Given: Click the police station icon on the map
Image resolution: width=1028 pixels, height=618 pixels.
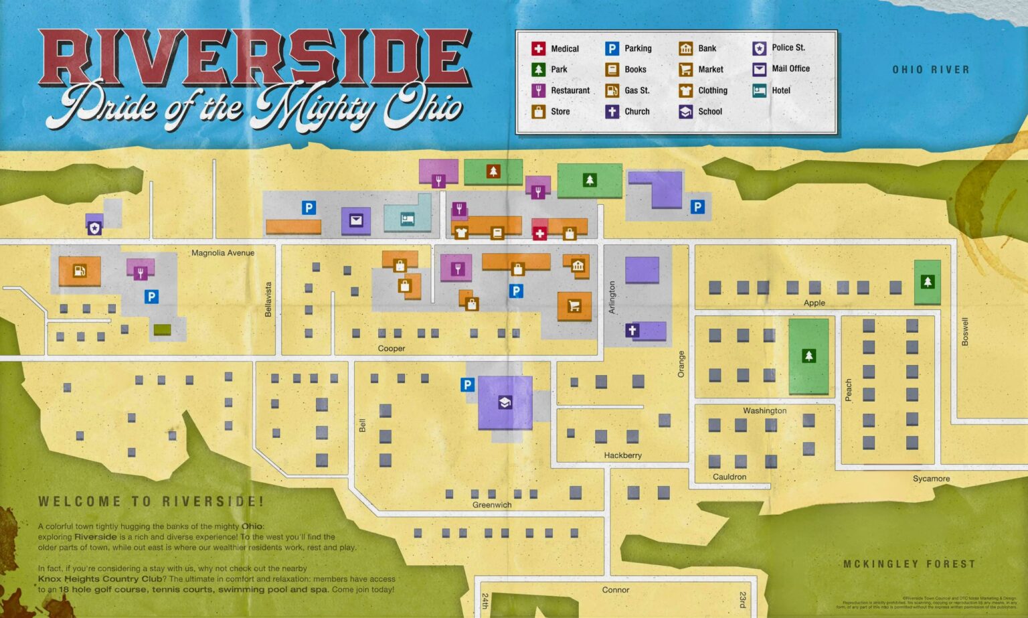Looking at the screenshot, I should coord(94,228).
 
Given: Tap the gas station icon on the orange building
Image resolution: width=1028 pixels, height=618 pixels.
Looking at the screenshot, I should coord(79,271).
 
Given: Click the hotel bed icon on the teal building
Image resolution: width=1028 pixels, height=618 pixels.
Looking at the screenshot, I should coord(407,219).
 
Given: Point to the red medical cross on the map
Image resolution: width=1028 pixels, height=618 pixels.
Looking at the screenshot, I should coord(539,233).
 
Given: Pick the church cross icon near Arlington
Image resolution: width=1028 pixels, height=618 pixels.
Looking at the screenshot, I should coord(632,330).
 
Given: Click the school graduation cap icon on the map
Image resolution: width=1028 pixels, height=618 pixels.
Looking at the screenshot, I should coord(505,402).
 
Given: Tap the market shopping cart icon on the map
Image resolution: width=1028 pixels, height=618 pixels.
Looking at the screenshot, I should coord(574,306).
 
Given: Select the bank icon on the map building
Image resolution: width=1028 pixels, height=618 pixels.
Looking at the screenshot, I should coord(578,266).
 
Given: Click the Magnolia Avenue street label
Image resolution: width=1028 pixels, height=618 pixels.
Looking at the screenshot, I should coord(223,253).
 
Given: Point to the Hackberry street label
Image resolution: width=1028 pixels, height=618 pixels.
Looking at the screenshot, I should coord(622,455).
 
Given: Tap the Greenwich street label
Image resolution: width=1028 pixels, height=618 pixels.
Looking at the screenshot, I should coord(492,505).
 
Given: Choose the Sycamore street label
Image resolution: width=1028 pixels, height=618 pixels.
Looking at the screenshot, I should coord(931,479).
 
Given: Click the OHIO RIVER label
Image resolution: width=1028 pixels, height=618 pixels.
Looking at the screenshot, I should coord(930,70).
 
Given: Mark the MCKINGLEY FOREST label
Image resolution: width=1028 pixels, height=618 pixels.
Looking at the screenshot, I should coord(909,564).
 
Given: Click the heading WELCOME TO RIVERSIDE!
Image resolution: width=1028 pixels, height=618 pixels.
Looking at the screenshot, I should coord(151,501).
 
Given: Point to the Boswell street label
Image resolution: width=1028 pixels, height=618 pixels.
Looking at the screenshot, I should coord(965,331).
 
